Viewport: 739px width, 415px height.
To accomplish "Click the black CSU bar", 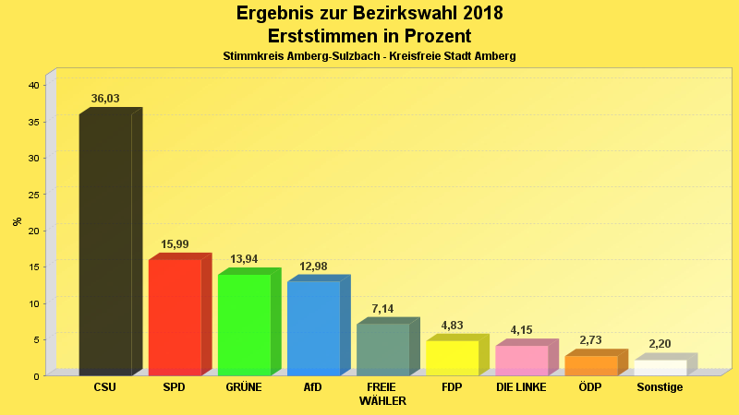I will [105, 244].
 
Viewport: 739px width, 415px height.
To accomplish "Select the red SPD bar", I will [175, 317].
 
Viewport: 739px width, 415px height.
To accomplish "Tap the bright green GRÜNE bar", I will [244, 325].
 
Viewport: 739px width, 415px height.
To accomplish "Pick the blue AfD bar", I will [313, 328].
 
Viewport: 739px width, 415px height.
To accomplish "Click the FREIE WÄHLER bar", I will [382, 350].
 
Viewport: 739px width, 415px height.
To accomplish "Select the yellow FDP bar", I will [452, 358].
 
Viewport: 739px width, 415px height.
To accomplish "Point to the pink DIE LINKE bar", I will [521, 361].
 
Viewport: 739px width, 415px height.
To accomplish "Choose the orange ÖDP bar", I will [590, 365].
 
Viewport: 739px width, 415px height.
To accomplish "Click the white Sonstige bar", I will [660, 367].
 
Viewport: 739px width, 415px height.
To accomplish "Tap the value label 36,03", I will [105, 99].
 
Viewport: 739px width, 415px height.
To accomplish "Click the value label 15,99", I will [175, 244].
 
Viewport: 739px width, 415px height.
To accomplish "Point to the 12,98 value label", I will [313, 267].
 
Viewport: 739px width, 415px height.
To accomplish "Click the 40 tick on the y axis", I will [33, 85].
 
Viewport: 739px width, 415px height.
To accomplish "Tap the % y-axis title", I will [17, 221].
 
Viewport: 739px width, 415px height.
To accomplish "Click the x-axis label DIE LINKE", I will [521, 387].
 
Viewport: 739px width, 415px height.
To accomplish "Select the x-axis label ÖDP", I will [590, 387].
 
